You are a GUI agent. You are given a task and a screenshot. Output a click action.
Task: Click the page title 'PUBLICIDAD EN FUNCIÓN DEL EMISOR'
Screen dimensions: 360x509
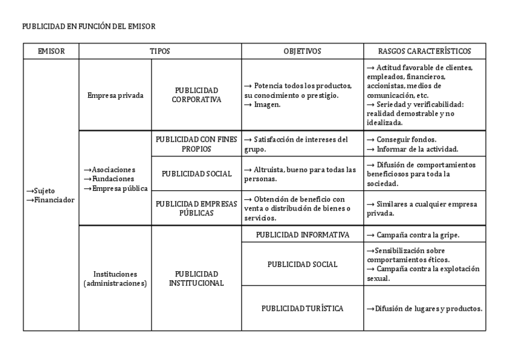coord(88,26)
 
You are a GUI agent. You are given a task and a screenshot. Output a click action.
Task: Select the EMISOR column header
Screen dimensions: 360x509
coord(51,52)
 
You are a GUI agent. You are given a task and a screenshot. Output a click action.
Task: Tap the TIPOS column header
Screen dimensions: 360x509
coord(160,52)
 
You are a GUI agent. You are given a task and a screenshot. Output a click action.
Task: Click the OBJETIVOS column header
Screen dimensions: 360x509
coord(302,52)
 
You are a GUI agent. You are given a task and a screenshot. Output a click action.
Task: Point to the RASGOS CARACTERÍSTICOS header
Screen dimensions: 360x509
coord(424,52)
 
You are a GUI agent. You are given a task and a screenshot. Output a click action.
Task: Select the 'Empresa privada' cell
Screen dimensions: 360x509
coord(115,95)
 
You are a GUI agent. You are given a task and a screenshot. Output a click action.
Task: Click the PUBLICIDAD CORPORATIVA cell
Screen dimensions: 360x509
coord(196,95)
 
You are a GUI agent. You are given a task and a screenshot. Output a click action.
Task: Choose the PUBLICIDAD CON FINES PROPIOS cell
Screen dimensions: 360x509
coord(196,143)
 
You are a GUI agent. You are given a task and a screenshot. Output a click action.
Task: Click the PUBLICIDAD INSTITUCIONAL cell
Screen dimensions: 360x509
coord(196,278)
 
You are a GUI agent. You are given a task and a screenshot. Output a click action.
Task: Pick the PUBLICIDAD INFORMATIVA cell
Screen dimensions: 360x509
coord(302,235)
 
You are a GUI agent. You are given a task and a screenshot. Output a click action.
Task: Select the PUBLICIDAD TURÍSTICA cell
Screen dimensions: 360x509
coord(302,308)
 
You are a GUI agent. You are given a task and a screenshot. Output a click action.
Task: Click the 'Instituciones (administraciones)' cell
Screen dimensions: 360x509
coord(115,278)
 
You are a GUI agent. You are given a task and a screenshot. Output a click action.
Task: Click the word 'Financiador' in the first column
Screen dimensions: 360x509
coord(55,200)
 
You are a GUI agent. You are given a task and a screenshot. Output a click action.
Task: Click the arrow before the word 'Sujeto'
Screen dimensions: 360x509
coord(29,191)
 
